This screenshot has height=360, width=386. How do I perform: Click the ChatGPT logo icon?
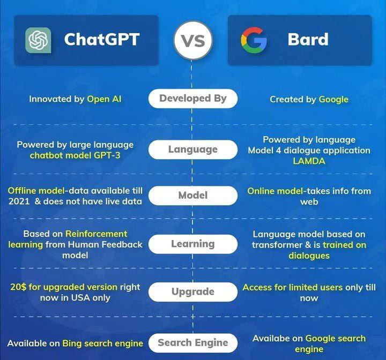(38, 40)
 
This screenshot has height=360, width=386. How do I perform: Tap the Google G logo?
(254, 40)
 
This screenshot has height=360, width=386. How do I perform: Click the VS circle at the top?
(193, 40)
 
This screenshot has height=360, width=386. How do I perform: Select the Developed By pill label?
(193, 99)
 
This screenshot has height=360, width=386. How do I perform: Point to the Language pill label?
(193, 149)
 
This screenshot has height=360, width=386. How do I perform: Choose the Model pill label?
(193, 196)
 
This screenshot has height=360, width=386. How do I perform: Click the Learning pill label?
(193, 244)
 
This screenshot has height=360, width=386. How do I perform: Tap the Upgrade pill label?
(193, 291)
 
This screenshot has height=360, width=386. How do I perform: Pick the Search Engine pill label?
(193, 343)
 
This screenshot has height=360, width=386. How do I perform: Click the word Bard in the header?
(308, 39)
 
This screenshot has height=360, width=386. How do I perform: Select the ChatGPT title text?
(102, 39)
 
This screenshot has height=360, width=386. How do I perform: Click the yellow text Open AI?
(104, 99)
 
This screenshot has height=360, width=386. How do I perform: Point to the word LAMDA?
(309, 161)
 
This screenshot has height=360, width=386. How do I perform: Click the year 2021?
(19, 201)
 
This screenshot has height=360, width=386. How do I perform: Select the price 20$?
(18, 287)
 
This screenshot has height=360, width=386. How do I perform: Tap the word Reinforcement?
(96, 234)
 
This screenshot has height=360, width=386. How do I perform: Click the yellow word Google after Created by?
(333, 100)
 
